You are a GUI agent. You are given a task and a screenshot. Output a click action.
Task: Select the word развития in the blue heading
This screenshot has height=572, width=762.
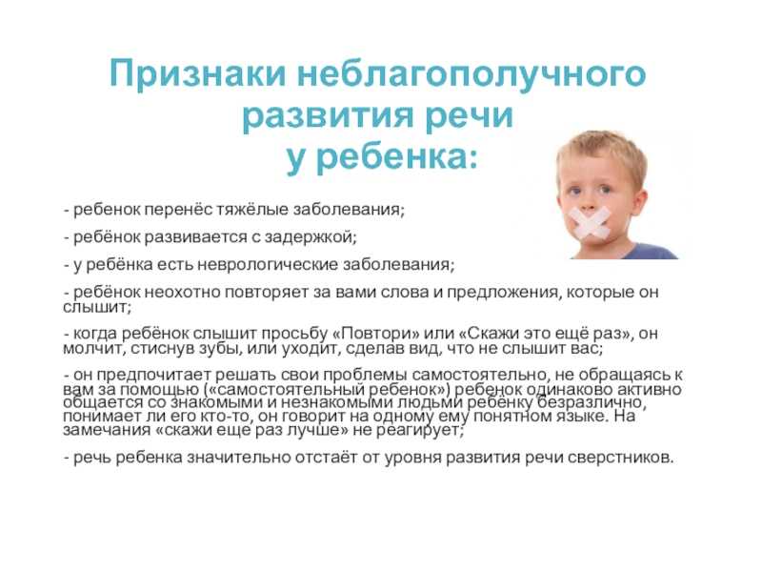coord(330,115)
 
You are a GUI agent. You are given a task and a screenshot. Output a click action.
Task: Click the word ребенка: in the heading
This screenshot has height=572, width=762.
coord(397,157)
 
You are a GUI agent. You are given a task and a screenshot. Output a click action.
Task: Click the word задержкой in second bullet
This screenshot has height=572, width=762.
coord(311,237)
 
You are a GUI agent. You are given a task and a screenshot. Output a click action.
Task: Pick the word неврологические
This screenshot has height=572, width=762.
coord(273,265)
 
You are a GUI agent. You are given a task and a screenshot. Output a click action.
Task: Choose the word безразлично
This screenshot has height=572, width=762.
coord(592,402)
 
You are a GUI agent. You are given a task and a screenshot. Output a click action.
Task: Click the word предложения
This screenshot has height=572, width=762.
coord(503,293)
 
